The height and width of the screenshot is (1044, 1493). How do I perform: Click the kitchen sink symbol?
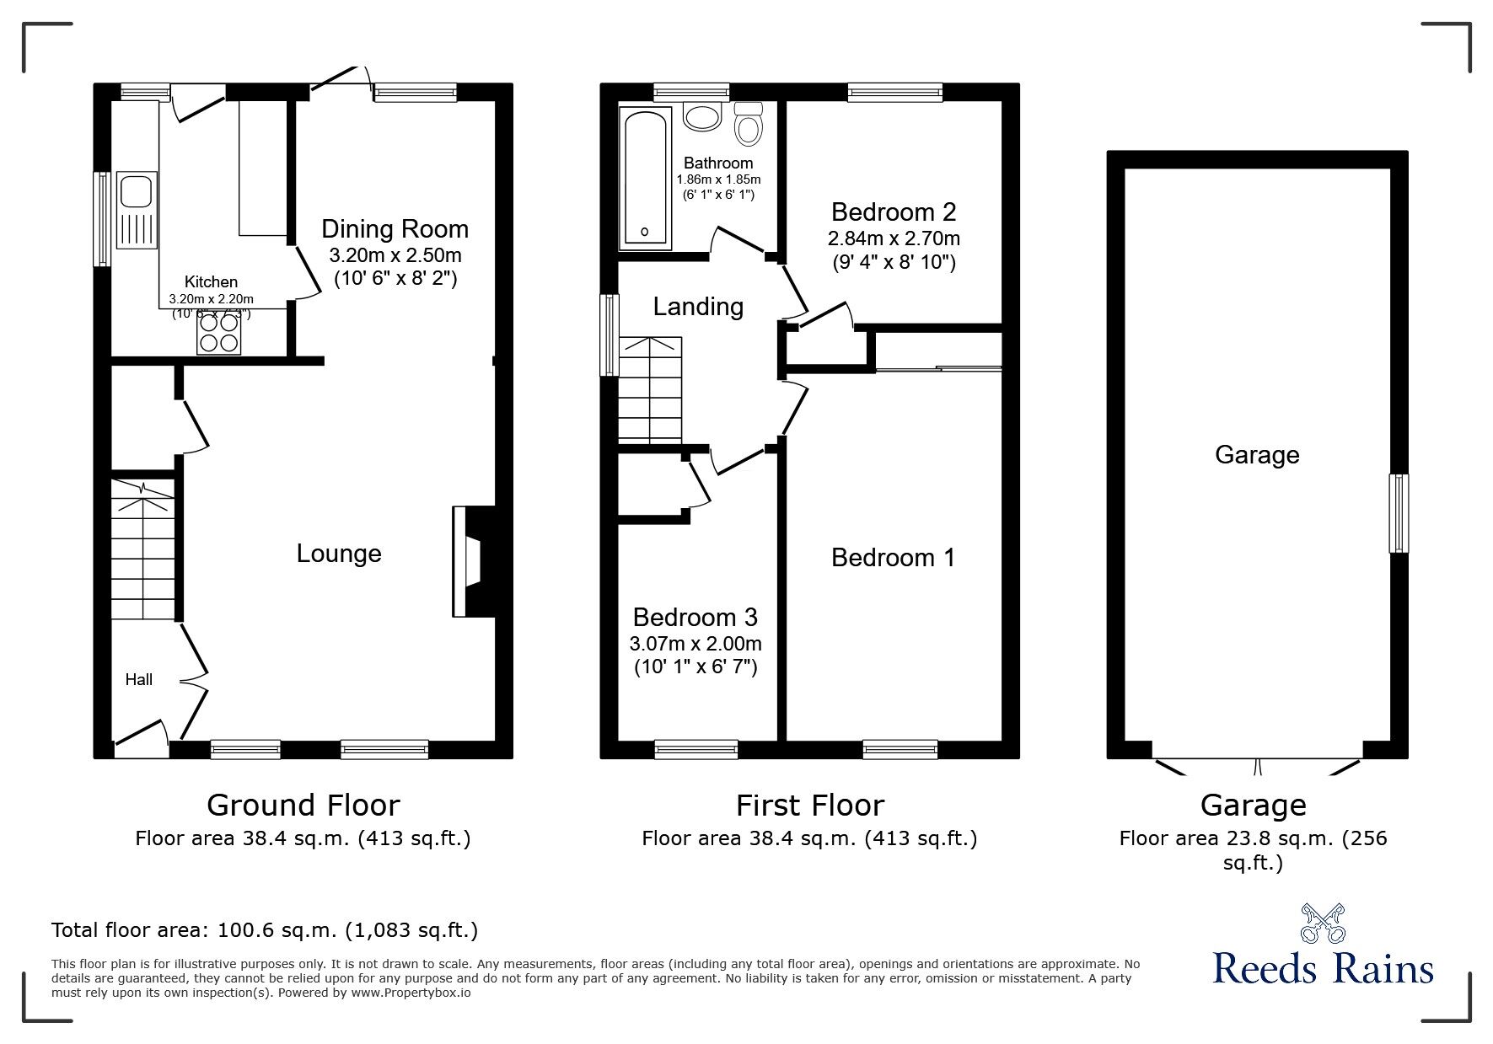click(137, 210)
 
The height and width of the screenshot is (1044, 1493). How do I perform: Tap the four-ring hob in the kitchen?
click(218, 332)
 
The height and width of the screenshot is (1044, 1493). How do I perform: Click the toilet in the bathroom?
click(748, 125)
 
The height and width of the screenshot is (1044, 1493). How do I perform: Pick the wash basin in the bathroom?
click(701, 116)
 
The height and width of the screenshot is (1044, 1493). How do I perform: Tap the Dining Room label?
click(395, 229)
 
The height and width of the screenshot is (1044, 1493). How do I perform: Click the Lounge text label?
click(339, 554)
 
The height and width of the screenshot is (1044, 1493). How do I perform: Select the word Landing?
click(698, 307)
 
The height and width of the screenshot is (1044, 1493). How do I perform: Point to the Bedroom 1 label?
click(893, 558)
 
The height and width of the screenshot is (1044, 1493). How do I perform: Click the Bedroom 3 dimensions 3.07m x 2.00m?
click(695, 645)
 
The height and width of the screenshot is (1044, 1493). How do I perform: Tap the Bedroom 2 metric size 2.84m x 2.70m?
click(894, 238)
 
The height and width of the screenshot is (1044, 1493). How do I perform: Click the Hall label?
click(139, 679)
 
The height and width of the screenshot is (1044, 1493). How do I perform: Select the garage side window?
click(1398, 513)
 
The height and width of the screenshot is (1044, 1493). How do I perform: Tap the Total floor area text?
click(265, 930)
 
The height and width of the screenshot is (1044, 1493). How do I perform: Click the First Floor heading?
click(809, 806)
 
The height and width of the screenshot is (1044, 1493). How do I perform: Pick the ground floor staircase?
click(143, 552)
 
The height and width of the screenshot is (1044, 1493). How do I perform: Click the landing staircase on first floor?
click(649, 389)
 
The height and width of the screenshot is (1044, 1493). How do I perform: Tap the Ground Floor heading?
click(303, 806)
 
